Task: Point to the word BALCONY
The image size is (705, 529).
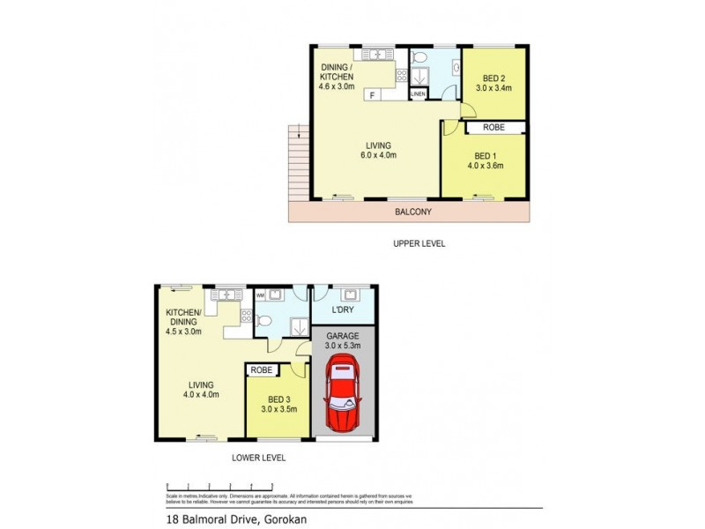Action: pyautogui.click(x=412, y=212)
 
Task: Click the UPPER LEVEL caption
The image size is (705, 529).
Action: pyautogui.click(x=419, y=242)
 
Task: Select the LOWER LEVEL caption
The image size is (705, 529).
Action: pyautogui.click(x=258, y=458)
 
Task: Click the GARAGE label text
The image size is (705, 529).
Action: pyautogui.click(x=344, y=336)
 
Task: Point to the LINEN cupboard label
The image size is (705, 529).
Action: pyautogui.click(x=418, y=94)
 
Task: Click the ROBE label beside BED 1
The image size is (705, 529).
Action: pyautogui.click(x=493, y=127)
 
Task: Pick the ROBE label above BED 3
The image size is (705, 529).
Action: pyautogui.click(x=261, y=370)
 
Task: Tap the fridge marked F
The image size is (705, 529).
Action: pyautogui.click(x=373, y=94)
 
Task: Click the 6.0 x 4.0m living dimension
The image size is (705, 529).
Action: pyautogui.click(x=379, y=156)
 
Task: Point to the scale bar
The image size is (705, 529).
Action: pyautogui.click(x=220, y=487)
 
